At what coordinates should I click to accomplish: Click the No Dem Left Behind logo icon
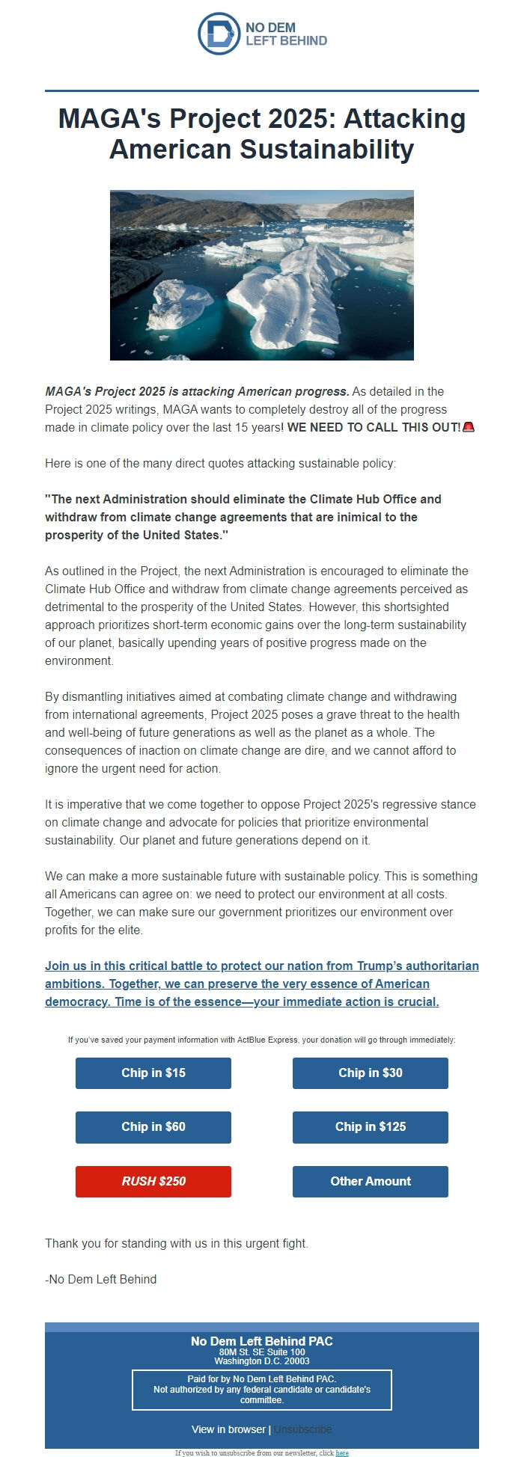pyautogui.click(x=219, y=34)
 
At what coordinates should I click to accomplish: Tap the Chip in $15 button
pyautogui.click(x=153, y=1073)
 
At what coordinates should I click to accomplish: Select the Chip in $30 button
pyautogui.click(x=370, y=1073)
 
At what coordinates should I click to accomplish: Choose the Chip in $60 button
pyautogui.click(x=153, y=1126)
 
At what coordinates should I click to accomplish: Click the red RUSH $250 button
pyautogui.click(x=153, y=1181)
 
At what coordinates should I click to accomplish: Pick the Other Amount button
pyautogui.click(x=370, y=1181)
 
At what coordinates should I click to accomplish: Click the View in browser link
pyautogui.click(x=228, y=1429)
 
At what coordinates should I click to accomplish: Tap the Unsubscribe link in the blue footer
pyautogui.click(x=302, y=1429)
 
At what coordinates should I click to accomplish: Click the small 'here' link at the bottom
pyautogui.click(x=342, y=1453)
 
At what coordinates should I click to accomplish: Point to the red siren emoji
pyautogui.click(x=469, y=427)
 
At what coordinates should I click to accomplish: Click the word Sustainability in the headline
pyautogui.click(x=326, y=149)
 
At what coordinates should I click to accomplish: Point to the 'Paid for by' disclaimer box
pyautogui.click(x=261, y=1389)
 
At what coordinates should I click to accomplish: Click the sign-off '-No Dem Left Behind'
pyautogui.click(x=101, y=1279)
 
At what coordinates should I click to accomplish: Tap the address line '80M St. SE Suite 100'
pyautogui.click(x=261, y=1352)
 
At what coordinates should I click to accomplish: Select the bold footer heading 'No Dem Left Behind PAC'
pyautogui.click(x=261, y=1340)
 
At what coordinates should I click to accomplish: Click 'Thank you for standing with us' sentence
pyautogui.click(x=177, y=1243)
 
